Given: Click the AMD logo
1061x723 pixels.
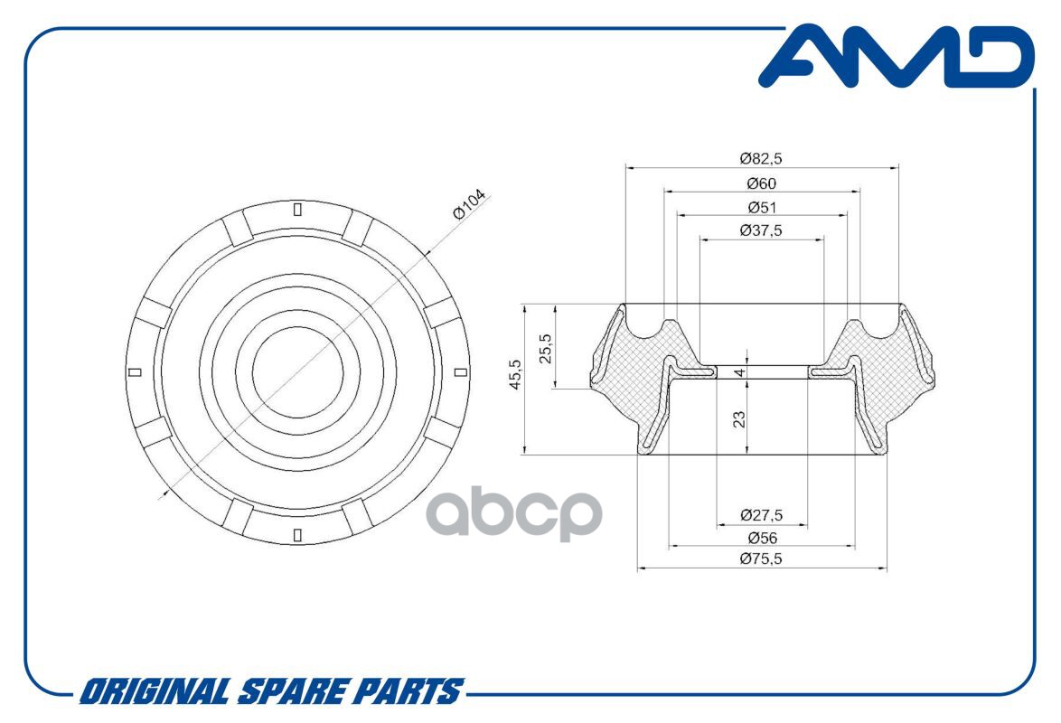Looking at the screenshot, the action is [x=897, y=57].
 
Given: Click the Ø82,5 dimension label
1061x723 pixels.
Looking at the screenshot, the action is [x=761, y=158].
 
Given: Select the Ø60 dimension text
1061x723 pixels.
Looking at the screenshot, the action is [x=761, y=183].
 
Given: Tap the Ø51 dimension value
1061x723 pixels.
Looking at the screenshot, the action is [x=761, y=207].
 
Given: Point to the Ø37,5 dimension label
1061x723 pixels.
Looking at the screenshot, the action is [x=761, y=230].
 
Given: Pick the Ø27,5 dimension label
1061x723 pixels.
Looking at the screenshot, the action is [x=761, y=515].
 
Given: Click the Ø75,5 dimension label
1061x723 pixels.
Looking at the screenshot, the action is [x=761, y=559].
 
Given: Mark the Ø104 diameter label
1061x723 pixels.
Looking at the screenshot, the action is [x=469, y=204].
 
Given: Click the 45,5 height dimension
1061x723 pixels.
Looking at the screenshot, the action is [x=516, y=374].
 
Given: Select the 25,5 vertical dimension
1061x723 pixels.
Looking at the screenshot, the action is [x=545, y=349].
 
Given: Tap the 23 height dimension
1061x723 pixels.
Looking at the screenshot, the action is [x=739, y=419].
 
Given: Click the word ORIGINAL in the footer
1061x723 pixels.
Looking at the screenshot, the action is [x=155, y=692].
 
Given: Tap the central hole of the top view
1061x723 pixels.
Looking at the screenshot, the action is [x=297, y=372].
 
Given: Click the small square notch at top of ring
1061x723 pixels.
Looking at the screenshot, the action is [x=297, y=210].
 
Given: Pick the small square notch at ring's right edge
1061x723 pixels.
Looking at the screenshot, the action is [x=460, y=371].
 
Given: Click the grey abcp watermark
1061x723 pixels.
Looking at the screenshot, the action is [x=514, y=512].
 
